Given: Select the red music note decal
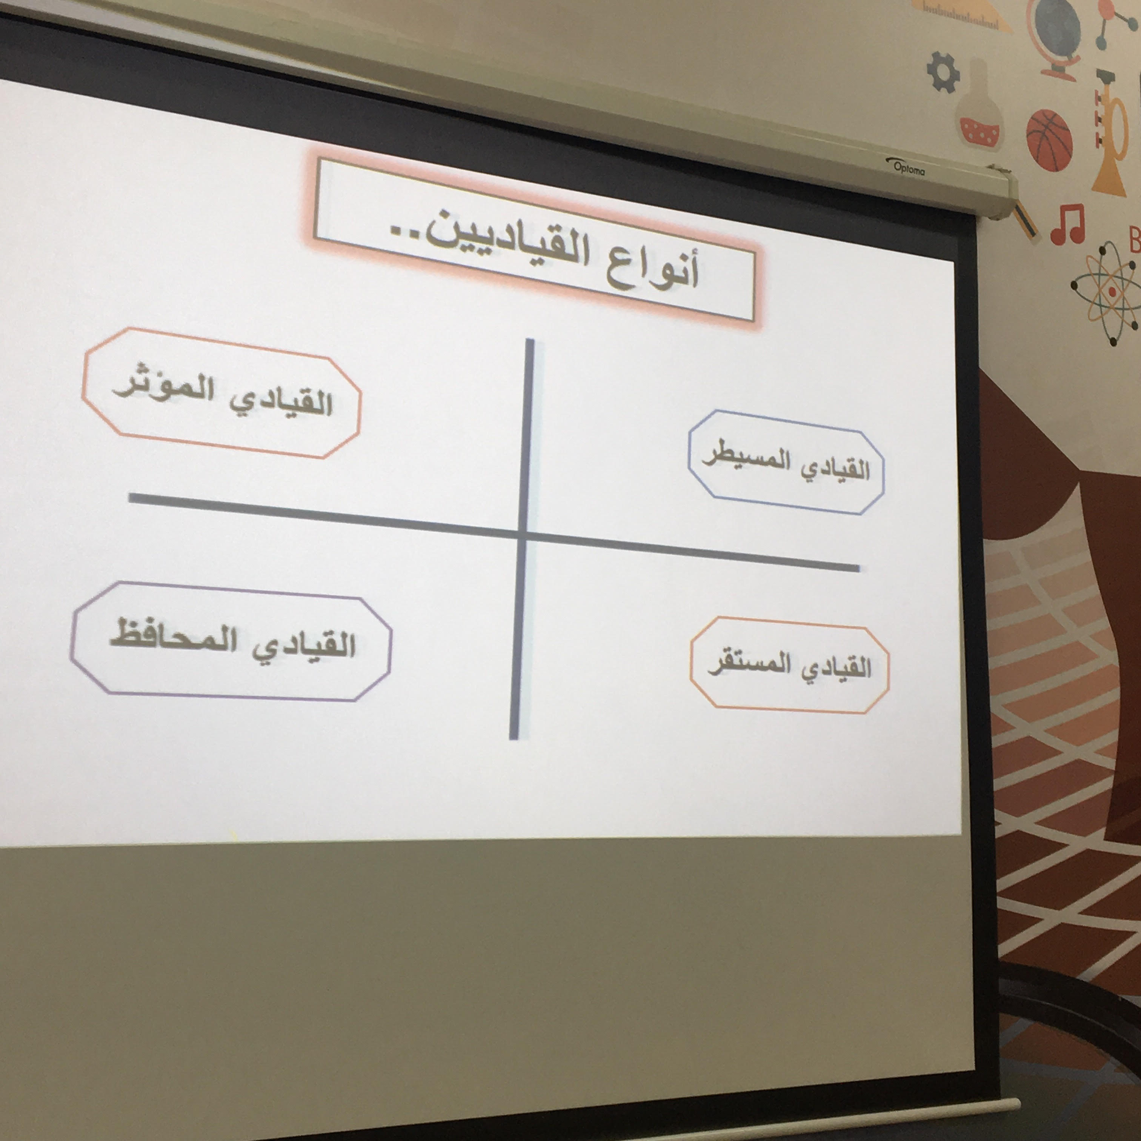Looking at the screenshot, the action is click(x=1068, y=224).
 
